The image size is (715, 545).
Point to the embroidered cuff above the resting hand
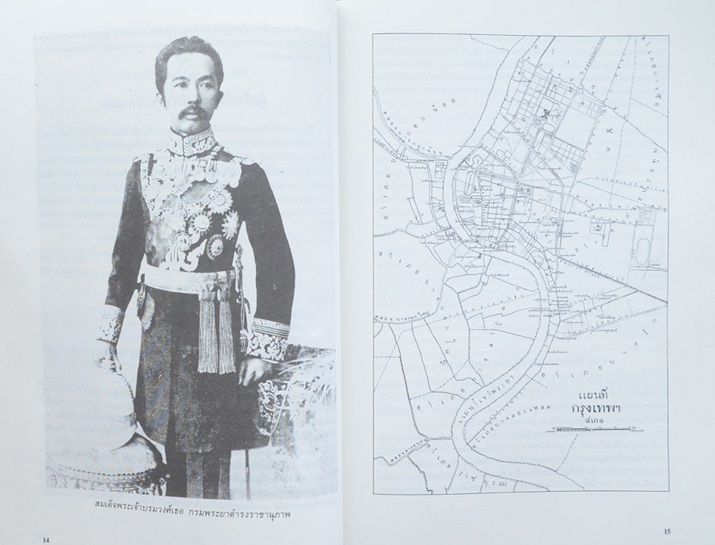click(x=267, y=337)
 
